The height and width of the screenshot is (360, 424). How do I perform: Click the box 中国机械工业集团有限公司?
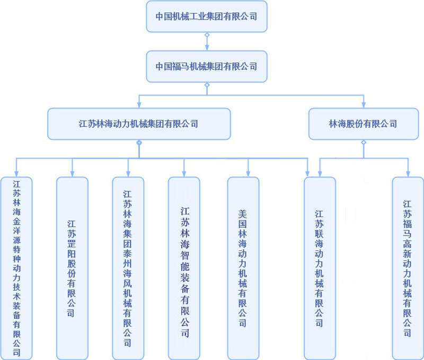207,16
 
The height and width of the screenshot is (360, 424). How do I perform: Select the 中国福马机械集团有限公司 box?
207,67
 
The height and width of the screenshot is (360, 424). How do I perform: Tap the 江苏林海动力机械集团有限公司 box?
139,124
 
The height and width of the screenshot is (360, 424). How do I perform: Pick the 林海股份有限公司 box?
363,124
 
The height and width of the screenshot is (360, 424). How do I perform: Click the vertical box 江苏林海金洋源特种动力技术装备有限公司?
16,268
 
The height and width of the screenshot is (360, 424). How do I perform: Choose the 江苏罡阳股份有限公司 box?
72,268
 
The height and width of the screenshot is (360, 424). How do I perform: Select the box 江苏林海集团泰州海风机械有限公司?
128,268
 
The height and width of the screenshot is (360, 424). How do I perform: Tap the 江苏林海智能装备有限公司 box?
184,268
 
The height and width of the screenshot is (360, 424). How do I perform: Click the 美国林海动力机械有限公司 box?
243,268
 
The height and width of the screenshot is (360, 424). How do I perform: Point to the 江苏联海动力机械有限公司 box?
320,268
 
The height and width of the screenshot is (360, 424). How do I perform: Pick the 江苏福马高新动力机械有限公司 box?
408,268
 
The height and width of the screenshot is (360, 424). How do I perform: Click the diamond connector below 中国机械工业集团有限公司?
207,35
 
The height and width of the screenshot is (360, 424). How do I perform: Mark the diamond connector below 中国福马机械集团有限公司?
207,85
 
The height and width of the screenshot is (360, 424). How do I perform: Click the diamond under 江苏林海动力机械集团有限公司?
139,142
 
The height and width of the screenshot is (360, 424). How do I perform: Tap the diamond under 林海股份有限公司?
364,142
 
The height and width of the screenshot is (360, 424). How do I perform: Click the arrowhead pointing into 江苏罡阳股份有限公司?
72,173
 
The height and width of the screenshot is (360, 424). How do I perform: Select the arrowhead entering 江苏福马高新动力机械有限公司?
408,173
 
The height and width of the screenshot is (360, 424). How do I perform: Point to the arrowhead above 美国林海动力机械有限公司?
248,173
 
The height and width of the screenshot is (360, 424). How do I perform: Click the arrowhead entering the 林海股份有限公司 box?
364,105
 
